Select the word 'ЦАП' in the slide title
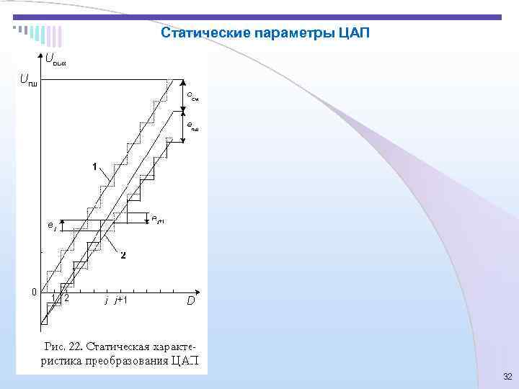pyautogui.click(x=352, y=33)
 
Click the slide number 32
pyautogui.click(x=507, y=377)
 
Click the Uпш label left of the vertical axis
pyautogui.click(x=28, y=79)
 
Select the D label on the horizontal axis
pyautogui.click(x=191, y=301)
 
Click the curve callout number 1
pyautogui.click(x=94, y=166)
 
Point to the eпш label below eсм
pyautogui.click(x=192, y=127)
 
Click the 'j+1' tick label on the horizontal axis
pyautogui.click(x=120, y=300)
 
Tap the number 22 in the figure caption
pyautogui.click(x=79, y=345)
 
